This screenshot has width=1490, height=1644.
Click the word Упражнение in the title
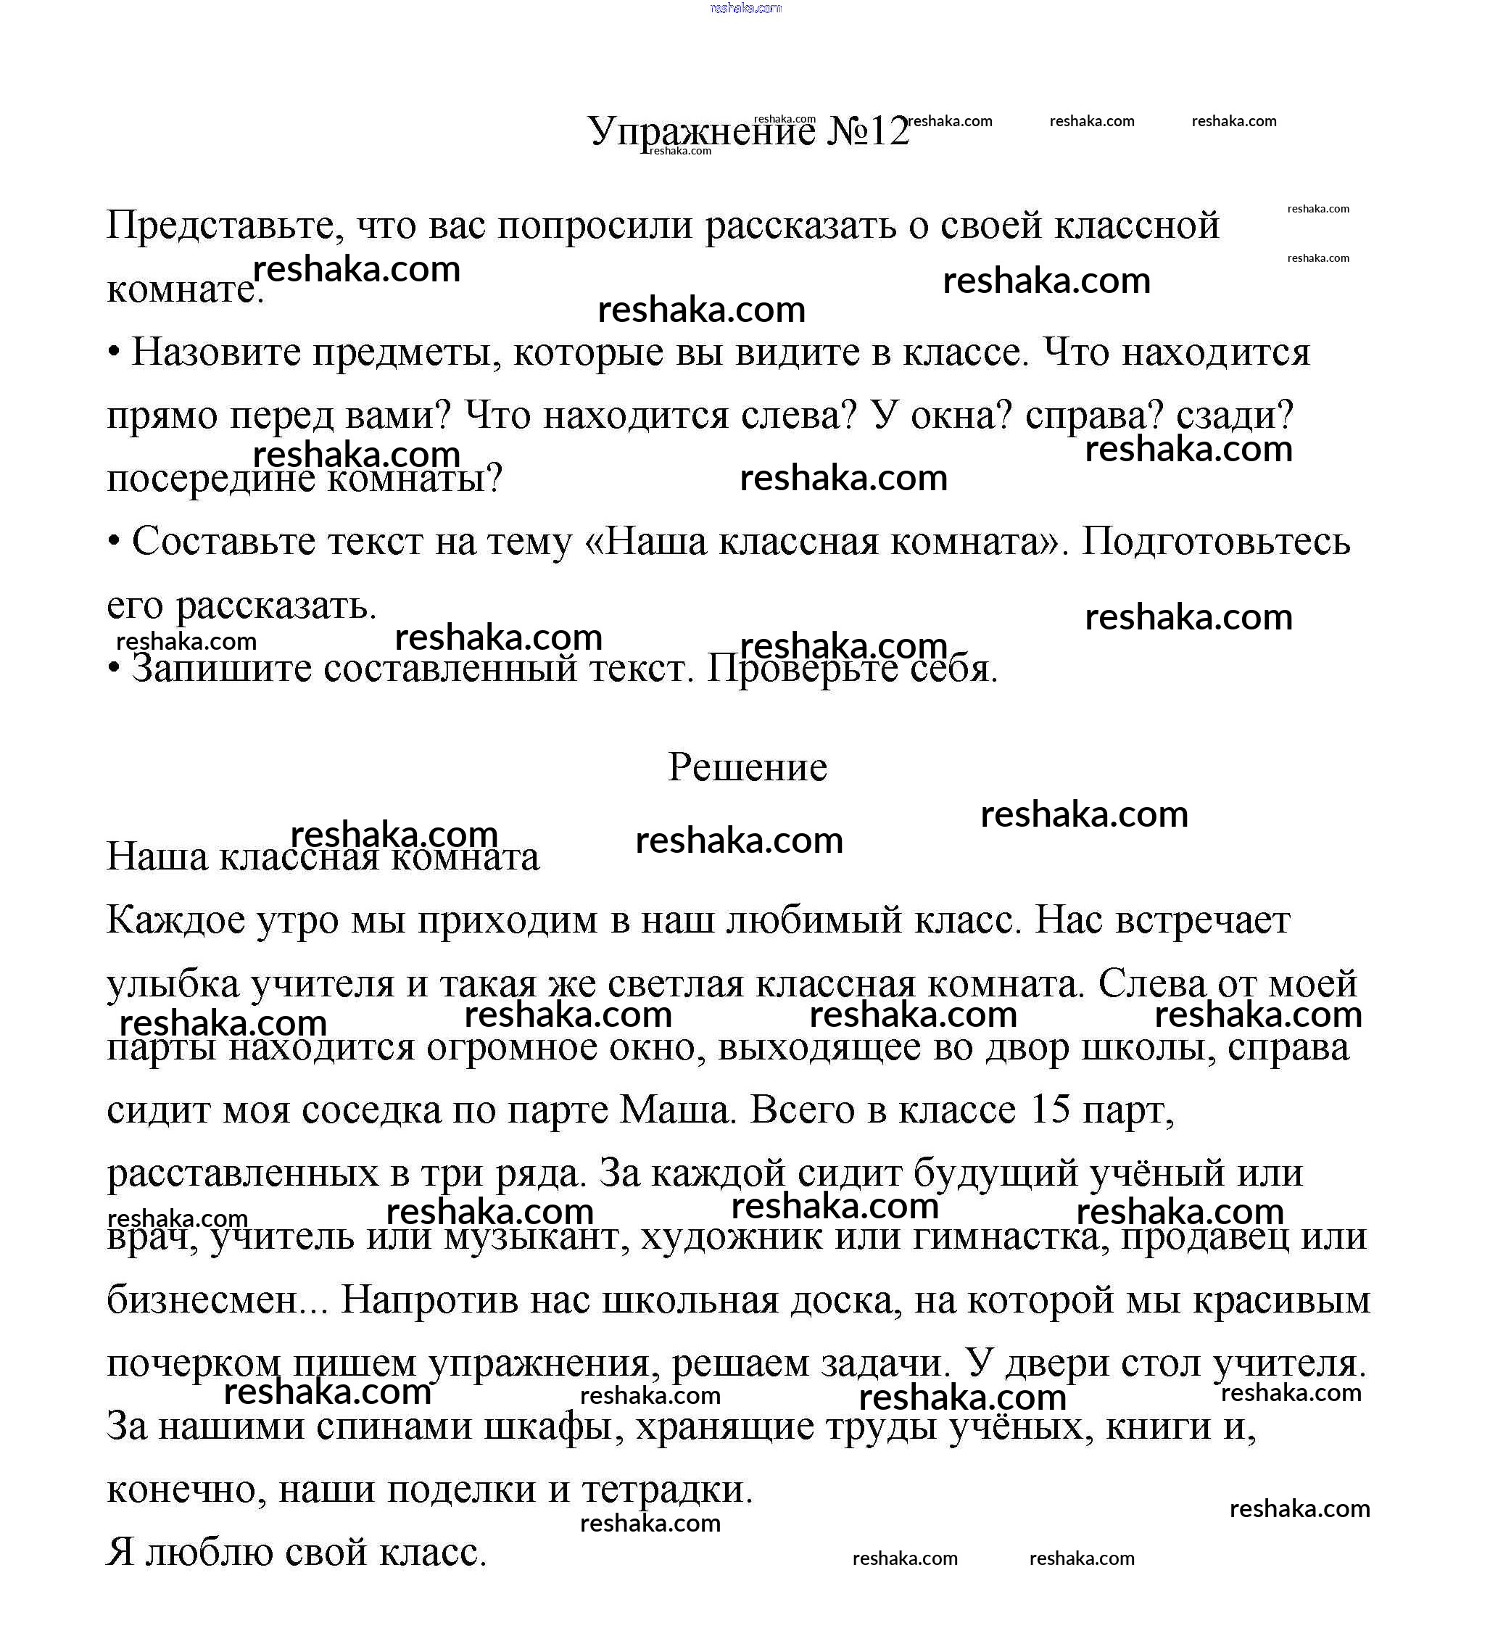point(700,131)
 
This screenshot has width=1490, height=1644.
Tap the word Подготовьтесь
point(1215,541)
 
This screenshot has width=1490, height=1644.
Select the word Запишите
point(221,668)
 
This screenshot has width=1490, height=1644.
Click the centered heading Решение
point(747,767)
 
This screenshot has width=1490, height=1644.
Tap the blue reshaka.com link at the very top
point(745,8)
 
